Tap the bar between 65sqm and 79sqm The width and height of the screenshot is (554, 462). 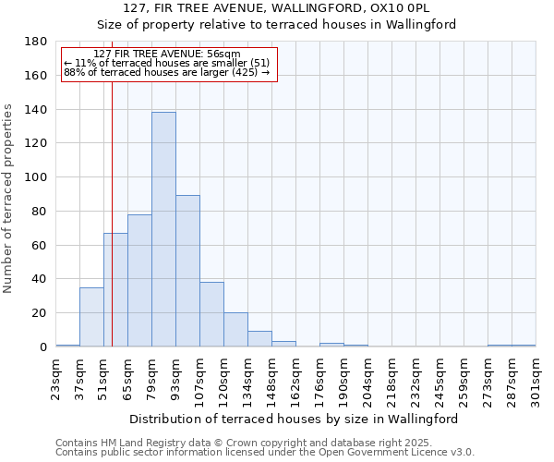(139, 281)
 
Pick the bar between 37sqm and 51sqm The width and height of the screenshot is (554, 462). (91, 317)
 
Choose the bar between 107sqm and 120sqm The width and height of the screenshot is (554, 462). (211, 314)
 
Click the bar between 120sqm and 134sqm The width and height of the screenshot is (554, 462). (235, 330)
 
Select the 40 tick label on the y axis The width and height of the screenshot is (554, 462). (39, 279)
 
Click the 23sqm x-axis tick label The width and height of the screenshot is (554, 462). (55, 378)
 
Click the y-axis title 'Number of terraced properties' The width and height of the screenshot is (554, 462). (8, 198)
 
